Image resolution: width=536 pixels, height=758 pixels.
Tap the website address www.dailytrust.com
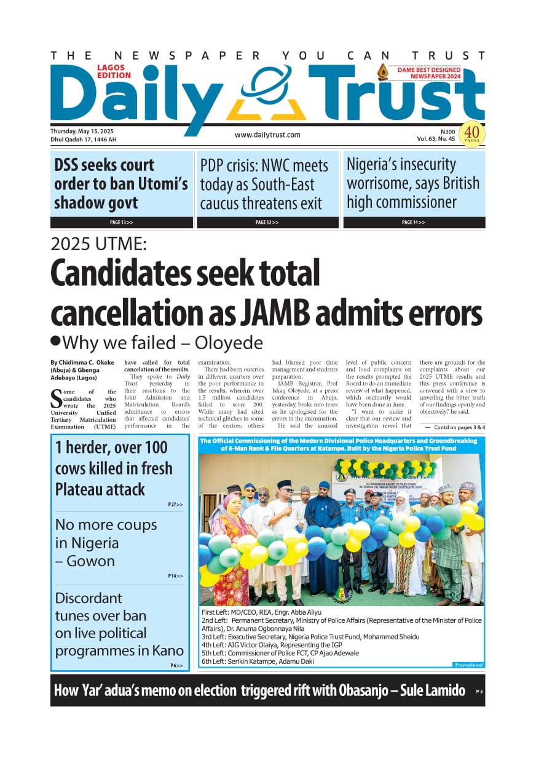pos(267,135)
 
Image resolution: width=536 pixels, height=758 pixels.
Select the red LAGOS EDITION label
pos(114,71)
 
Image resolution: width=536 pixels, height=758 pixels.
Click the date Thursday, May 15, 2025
pos(82,131)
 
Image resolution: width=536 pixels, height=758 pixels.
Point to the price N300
pos(447,131)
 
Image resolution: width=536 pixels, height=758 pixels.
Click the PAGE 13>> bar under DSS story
pos(121,222)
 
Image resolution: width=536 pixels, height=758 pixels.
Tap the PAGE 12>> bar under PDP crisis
pos(267,222)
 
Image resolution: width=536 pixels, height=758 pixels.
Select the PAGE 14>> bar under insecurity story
pos(414,222)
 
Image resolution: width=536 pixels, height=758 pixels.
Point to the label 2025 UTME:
pos(98,244)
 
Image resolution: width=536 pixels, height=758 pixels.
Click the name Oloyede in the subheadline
pos(232,342)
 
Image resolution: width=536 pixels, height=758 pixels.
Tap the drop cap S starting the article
pos(57,398)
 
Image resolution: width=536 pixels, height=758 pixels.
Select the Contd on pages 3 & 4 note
pos(455,427)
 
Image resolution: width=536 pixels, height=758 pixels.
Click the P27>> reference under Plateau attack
pos(175,505)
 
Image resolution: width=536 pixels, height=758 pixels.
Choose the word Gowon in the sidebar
pos(88,561)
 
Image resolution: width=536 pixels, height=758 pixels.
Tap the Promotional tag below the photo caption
pos(468,665)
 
